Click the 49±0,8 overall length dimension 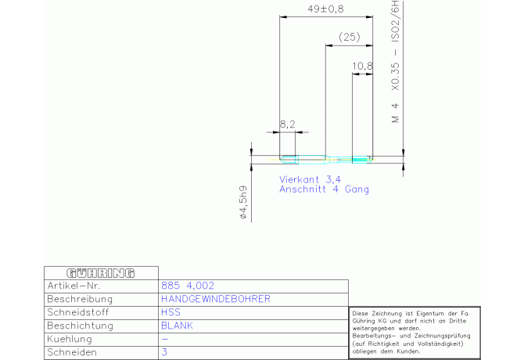coord(325,9)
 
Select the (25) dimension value coord(350,37)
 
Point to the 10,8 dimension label coord(362,67)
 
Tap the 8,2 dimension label coord(287,124)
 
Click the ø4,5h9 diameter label coord(243,202)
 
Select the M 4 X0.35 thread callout coord(395,62)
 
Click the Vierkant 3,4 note coord(310,179)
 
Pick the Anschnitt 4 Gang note coord(324,189)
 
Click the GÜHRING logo coord(101,273)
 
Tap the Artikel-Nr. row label coord(74,286)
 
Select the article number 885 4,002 coord(188,286)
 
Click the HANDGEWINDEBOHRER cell coord(216,299)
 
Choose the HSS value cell coord(170,312)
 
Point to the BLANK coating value coord(177,326)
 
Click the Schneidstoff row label coord(78,312)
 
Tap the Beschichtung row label coord(81,326)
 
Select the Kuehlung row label coord(70,339)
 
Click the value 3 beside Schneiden coord(164,352)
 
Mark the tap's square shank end coord(288,160)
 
